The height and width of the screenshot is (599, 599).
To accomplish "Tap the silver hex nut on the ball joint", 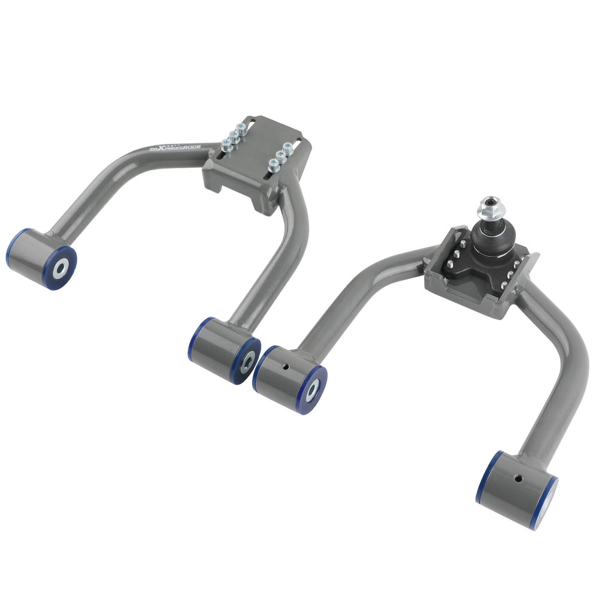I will [491, 210].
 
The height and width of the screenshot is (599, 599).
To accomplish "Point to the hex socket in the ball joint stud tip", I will [492, 201].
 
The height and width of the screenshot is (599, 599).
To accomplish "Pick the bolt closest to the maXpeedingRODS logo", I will [226, 144].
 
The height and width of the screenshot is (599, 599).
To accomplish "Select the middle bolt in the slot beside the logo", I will [234, 136].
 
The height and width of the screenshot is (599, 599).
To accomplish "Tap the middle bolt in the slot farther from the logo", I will [282, 155].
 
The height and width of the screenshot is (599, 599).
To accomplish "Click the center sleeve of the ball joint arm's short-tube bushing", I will [311, 391].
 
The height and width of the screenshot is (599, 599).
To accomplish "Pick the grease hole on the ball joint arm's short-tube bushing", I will [286, 367].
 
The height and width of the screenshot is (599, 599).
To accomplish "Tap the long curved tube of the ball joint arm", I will [563, 383].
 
